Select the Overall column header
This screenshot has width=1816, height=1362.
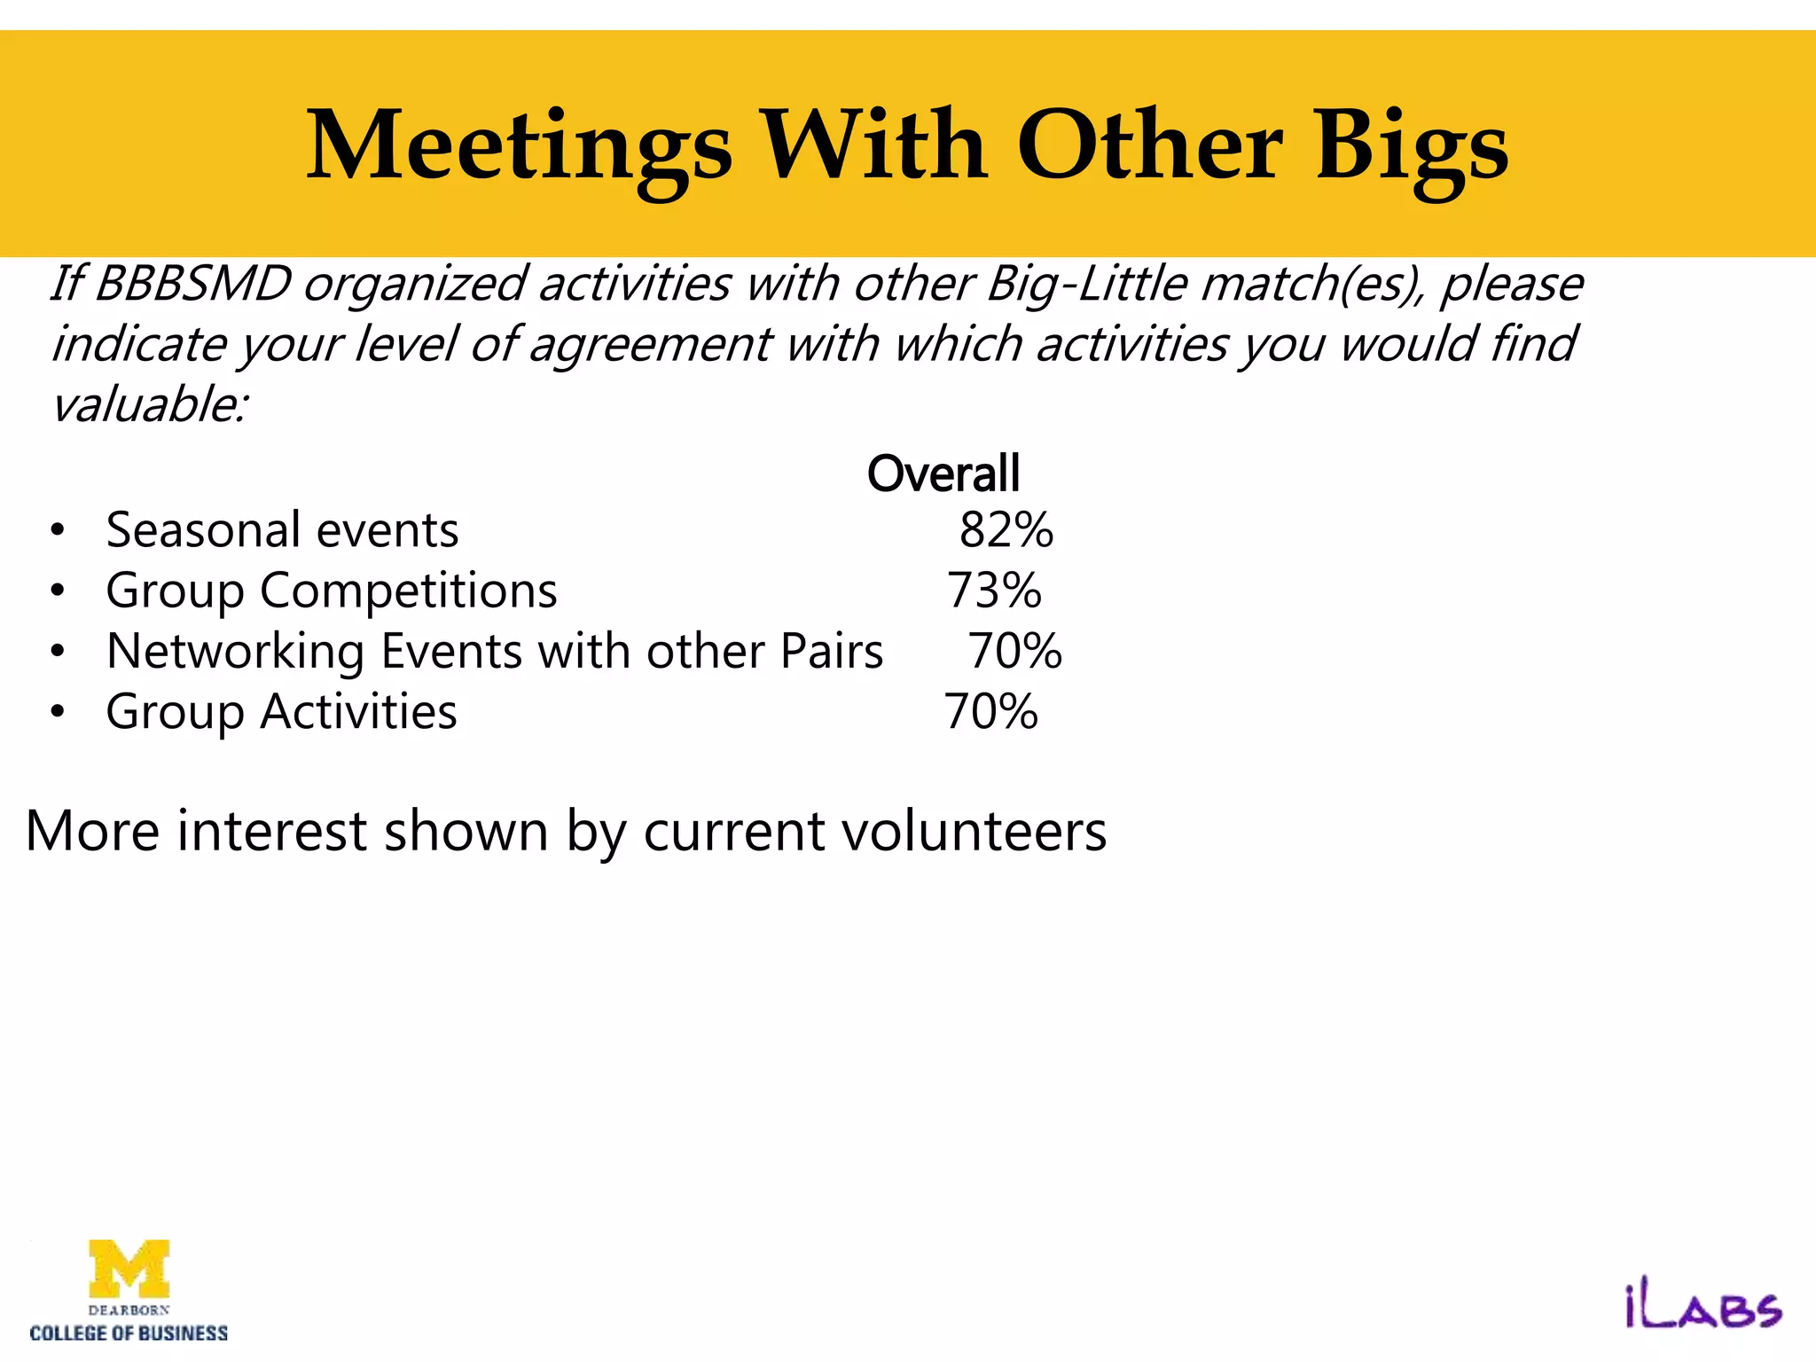(x=943, y=474)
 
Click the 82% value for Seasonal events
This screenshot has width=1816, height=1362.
(x=1006, y=530)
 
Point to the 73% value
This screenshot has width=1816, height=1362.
(x=994, y=591)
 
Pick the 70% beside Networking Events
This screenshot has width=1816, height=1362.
(x=1014, y=651)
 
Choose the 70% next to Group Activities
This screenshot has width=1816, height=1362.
(x=990, y=711)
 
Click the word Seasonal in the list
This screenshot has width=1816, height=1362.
(x=203, y=530)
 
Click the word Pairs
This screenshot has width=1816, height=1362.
(x=832, y=651)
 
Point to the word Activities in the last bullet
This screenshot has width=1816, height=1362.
(x=358, y=711)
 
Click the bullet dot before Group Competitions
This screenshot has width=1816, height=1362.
(x=58, y=591)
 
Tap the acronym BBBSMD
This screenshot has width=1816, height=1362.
(x=192, y=284)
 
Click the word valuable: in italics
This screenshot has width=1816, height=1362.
(x=150, y=405)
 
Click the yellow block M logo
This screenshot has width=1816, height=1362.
(x=129, y=1269)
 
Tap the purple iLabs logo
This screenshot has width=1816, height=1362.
(x=1702, y=1308)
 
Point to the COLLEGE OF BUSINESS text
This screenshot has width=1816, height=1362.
(x=129, y=1334)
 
